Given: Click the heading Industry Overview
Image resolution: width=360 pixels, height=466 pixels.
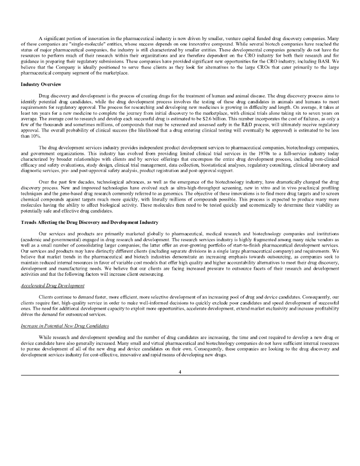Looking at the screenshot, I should pyautogui.click(x=41, y=85).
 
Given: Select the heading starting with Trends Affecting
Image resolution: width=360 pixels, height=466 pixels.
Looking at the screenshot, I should pyautogui.click(x=90, y=222).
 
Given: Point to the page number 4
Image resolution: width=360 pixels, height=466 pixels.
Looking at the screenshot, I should pyautogui.click(x=180, y=372).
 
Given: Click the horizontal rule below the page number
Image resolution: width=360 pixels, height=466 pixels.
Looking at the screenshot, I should pyautogui.click(x=180, y=375).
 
